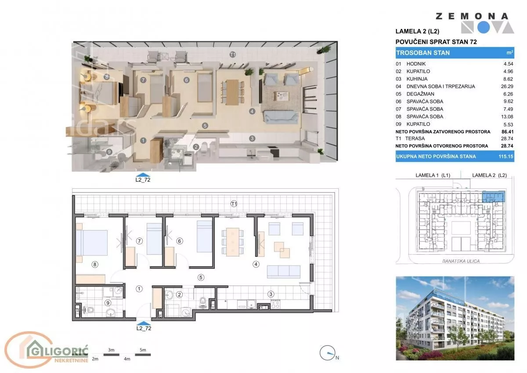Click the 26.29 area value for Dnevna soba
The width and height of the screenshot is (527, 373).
(x=507, y=87)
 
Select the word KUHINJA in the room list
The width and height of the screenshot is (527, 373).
(x=417, y=79)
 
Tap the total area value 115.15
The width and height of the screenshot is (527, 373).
(x=506, y=157)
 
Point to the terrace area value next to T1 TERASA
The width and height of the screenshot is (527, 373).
(x=507, y=139)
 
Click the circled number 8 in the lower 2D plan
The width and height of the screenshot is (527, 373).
(x=95, y=264)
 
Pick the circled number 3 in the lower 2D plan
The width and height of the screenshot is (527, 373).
(x=271, y=294)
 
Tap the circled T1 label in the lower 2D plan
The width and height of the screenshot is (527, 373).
(x=234, y=204)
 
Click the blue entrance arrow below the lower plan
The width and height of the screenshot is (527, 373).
(x=144, y=323)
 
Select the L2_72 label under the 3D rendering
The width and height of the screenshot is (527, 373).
(x=143, y=179)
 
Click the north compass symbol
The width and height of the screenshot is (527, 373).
(x=328, y=353)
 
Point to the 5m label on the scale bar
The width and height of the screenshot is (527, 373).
(x=143, y=350)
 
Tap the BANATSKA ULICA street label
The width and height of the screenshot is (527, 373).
(x=461, y=261)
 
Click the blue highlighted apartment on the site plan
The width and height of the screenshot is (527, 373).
(x=494, y=197)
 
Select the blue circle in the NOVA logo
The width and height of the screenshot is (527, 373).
(x=484, y=28)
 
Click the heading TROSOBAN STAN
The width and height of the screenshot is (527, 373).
(x=423, y=53)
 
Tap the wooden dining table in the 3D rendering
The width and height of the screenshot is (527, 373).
(x=232, y=92)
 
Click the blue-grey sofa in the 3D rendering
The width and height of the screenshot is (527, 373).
(x=281, y=117)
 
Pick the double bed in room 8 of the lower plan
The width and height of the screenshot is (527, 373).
(x=92, y=243)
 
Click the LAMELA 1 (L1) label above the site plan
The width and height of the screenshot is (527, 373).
(x=433, y=176)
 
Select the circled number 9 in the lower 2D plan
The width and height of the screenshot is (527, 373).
(x=108, y=303)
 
